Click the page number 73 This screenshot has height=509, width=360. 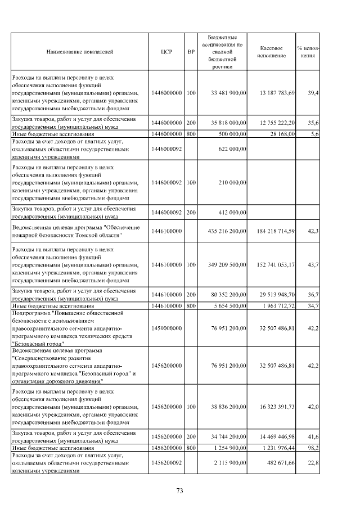180,491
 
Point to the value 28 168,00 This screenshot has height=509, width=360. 282,134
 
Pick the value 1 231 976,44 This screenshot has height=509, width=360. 278,448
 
